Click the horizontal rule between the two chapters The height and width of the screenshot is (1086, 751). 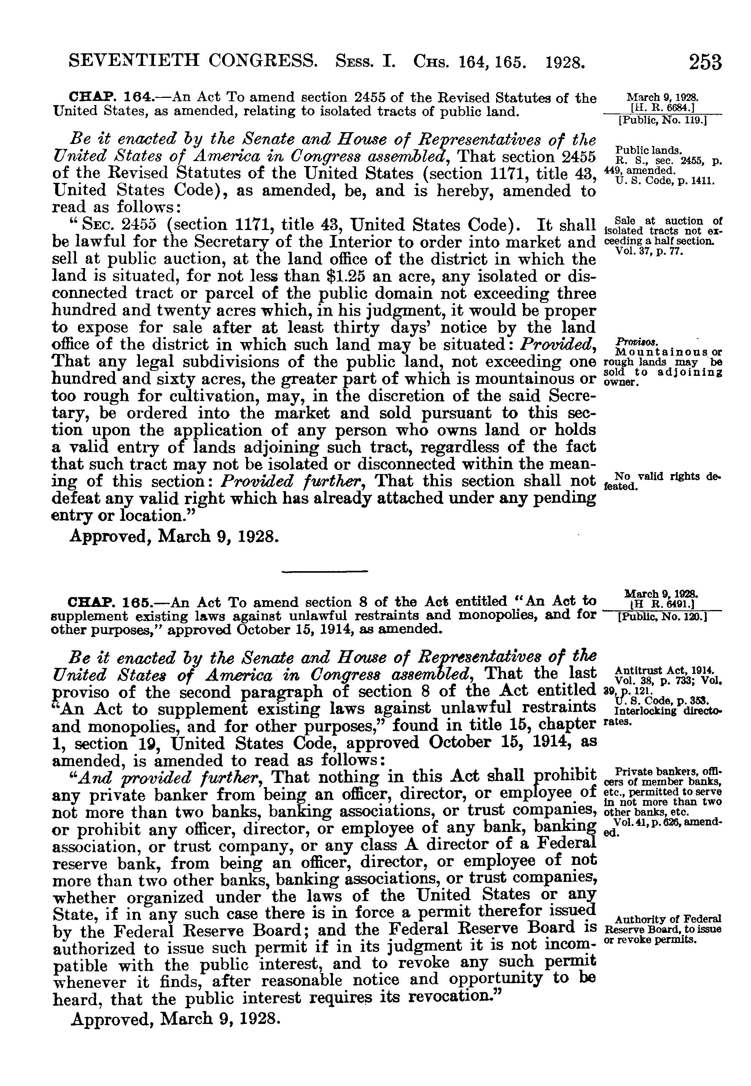pyautogui.click(x=324, y=572)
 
